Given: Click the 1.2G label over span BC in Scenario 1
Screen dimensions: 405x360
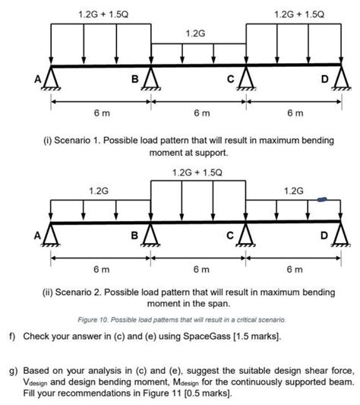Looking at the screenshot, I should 195,34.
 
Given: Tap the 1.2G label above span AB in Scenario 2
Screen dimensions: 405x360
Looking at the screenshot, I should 99,190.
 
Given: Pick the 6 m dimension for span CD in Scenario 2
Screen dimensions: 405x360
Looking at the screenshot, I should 294,269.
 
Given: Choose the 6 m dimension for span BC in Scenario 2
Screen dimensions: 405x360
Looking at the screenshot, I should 197,269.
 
